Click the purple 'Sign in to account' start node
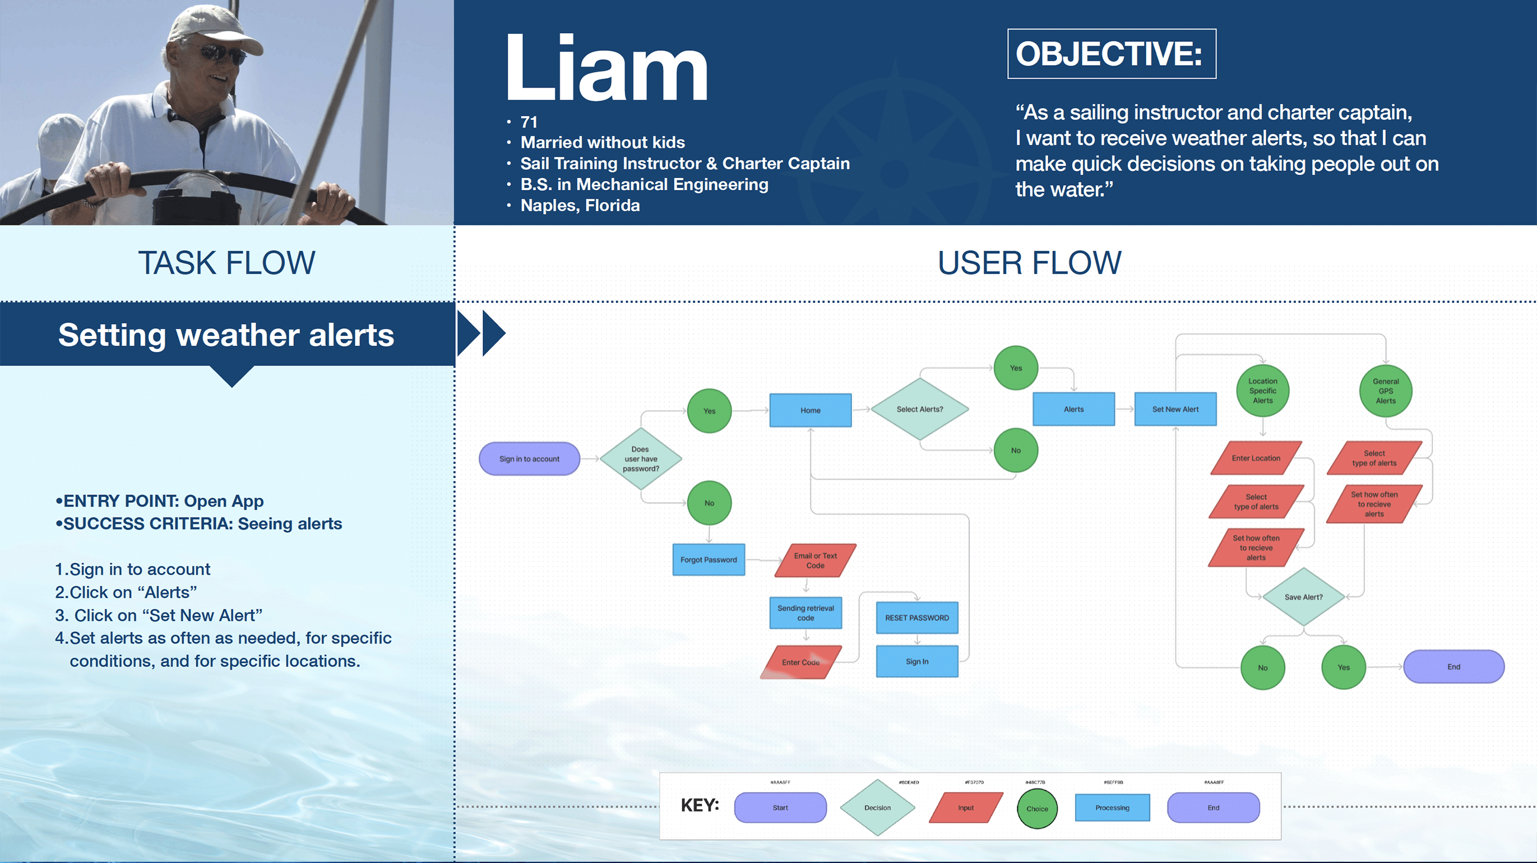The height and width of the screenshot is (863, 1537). coord(529,459)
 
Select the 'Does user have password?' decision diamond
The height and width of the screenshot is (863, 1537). coord(641,459)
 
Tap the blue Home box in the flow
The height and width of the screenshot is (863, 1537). coord(810,411)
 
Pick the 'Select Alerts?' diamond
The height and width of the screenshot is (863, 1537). coord(919,409)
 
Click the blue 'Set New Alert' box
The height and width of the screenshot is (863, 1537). coord(1175,409)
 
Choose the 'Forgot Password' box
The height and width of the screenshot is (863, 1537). coord(708,560)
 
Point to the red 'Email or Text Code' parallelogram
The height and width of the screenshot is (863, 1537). coord(815,560)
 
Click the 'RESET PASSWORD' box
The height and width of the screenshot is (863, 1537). coord(916,618)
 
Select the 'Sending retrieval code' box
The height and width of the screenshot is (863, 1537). coord(806,613)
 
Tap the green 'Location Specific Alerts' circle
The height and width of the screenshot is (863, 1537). coord(1263,391)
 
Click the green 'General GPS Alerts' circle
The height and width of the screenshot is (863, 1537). coord(1386,391)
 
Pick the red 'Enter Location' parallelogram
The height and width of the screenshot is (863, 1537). coord(1256,458)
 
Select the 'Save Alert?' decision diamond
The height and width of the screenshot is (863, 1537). coord(1303,597)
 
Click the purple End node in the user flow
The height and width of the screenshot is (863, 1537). coord(1454,667)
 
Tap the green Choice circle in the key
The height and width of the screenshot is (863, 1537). coord(1037,809)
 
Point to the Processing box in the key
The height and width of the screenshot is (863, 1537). coord(1112,807)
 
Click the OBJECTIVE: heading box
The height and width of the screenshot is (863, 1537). coord(1111,54)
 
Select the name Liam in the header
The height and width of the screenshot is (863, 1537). coord(606,68)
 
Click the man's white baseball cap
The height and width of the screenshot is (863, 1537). coord(209,27)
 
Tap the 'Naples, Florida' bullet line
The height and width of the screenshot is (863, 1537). coord(580,205)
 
